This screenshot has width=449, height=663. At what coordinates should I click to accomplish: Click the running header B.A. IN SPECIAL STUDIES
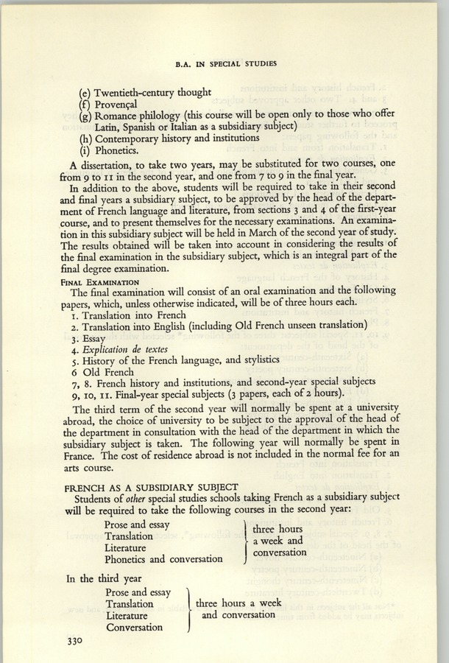tap(225, 64)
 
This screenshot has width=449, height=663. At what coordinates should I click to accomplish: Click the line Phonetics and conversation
tap(163, 559)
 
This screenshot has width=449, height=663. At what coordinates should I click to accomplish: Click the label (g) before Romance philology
tap(85, 119)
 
